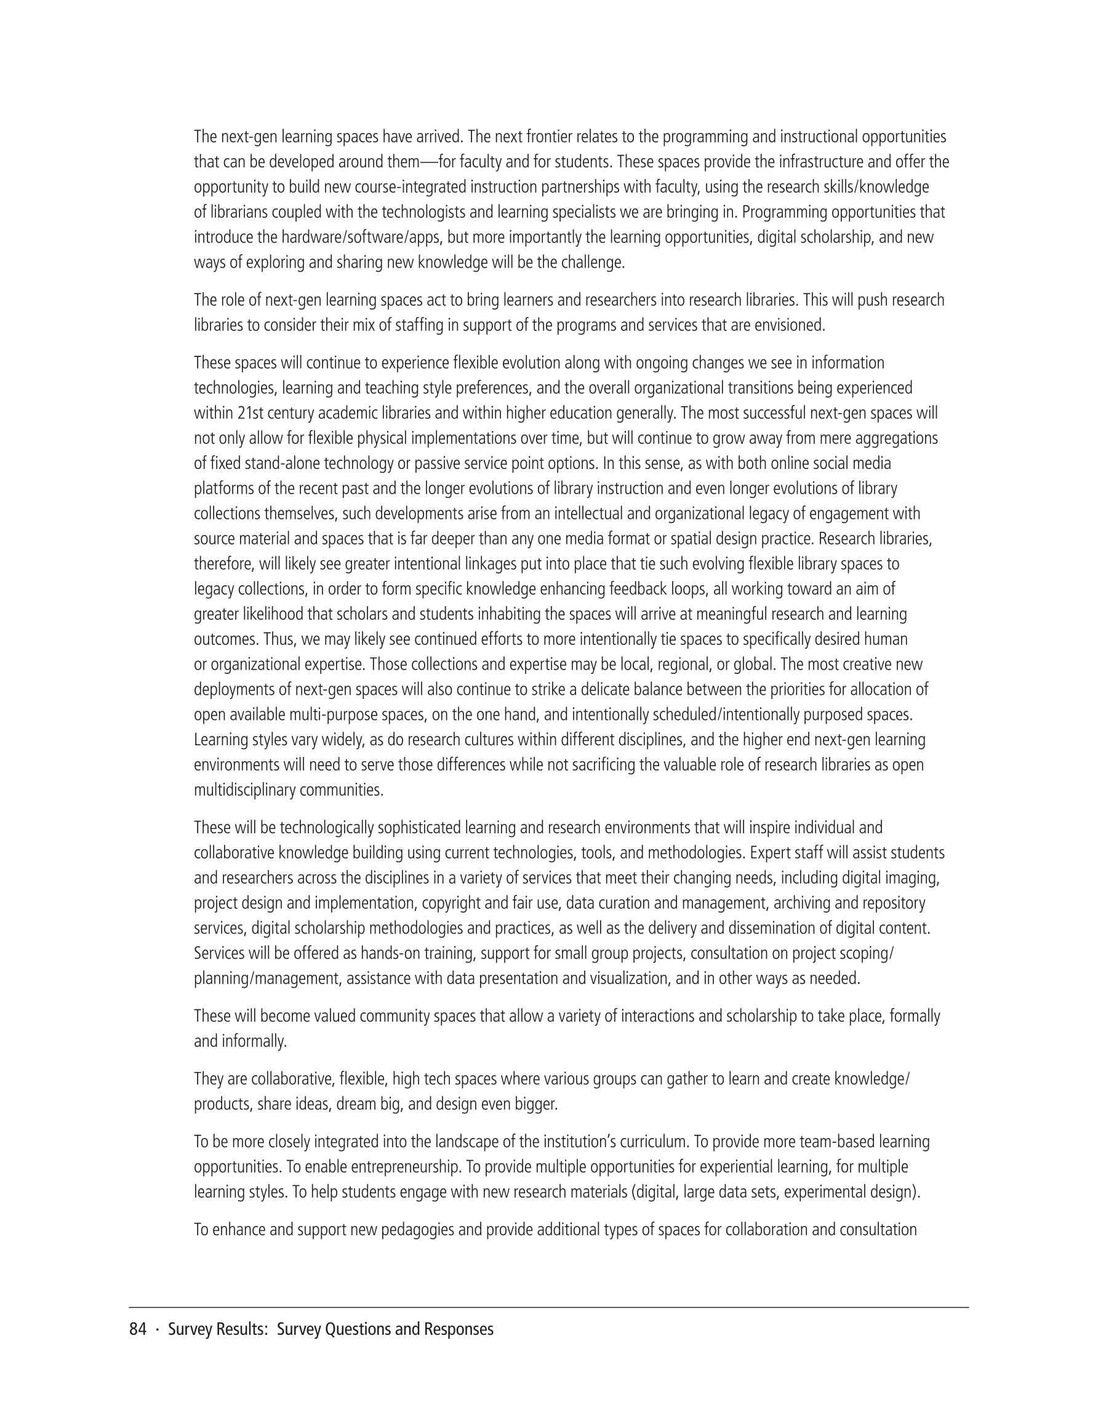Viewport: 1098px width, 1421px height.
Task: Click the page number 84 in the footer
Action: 137,1329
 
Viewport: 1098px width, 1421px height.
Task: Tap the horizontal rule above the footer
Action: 548,1307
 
